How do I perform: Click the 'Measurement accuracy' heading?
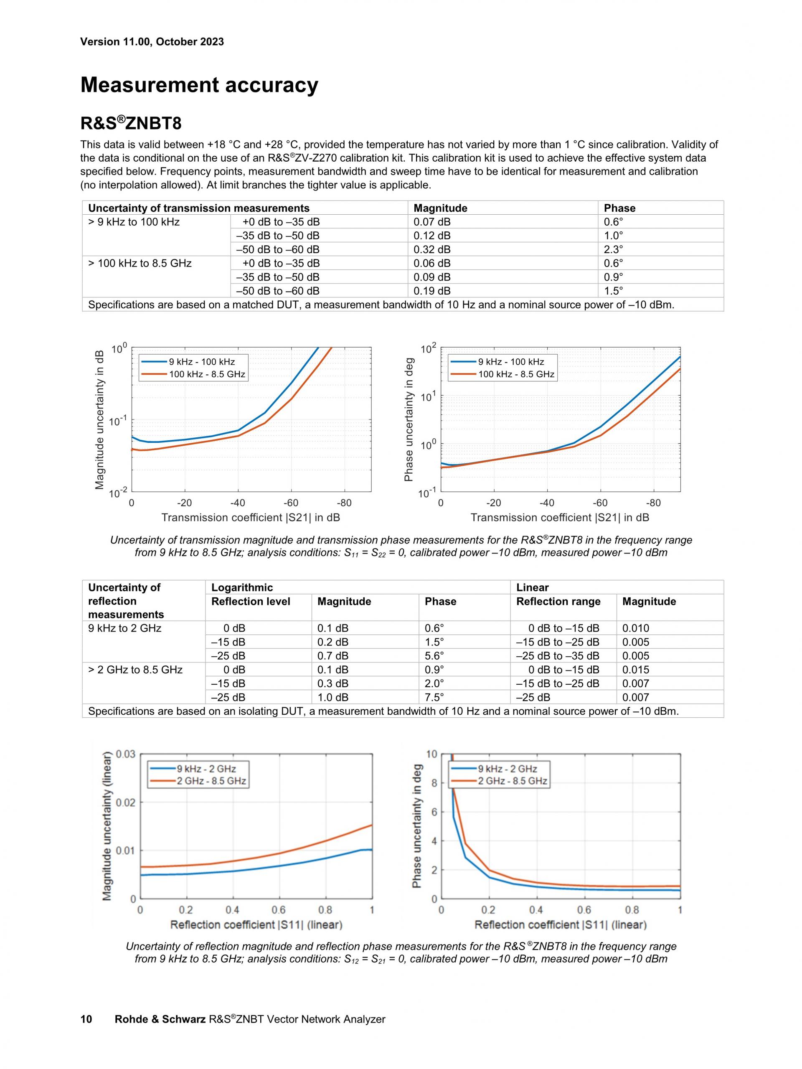click(199, 85)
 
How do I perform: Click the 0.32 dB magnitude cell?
click(431, 249)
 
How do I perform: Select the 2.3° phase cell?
click(613, 249)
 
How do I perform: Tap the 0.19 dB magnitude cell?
click(431, 291)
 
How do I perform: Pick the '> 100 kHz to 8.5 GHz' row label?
click(140, 263)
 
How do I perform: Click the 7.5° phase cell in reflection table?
click(434, 697)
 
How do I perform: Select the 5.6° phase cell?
click(434, 656)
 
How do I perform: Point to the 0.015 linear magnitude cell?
click(635, 670)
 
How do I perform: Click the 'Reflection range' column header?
click(558, 602)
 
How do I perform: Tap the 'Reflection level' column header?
click(251, 602)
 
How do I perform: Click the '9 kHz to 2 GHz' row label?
click(124, 628)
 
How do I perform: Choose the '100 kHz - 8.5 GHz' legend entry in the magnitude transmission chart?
click(207, 374)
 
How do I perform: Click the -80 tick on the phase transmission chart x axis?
click(653, 503)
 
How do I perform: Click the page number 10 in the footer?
click(86, 1019)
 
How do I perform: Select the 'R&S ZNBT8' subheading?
click(131, 124)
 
